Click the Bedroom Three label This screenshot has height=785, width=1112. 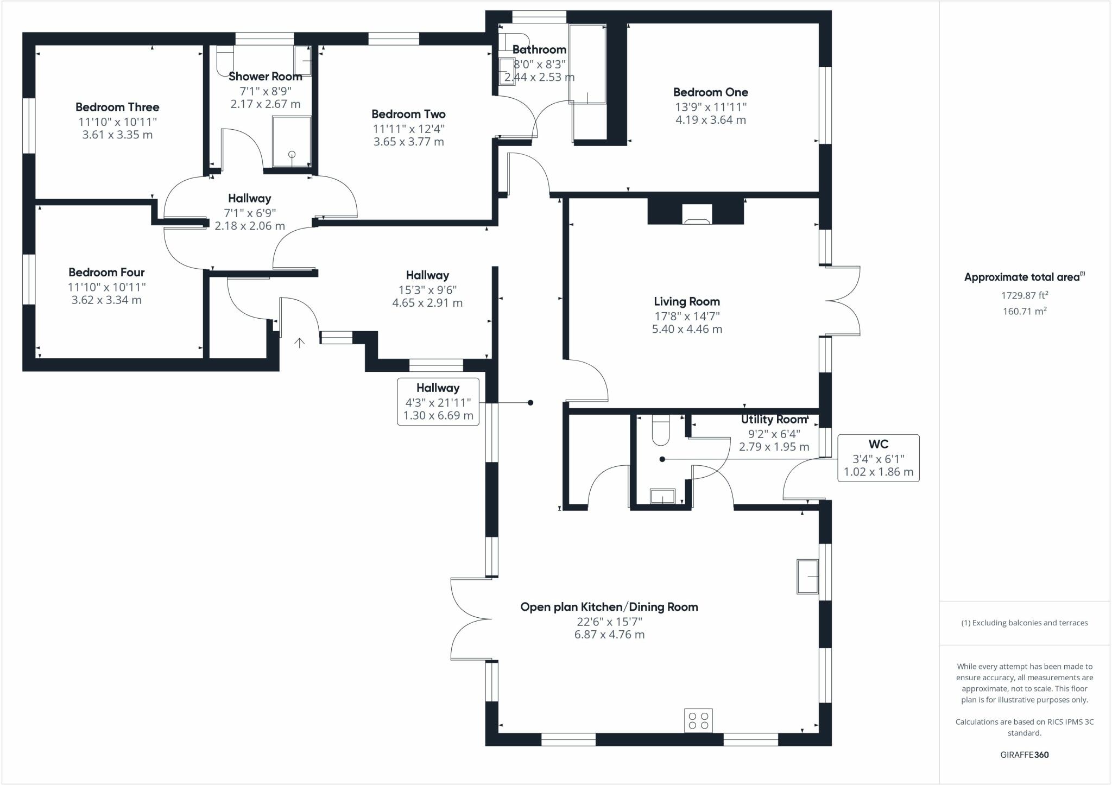tap(117, 107)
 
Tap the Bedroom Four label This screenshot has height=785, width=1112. tap(106, 272)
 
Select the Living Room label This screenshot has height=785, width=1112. tap(687, 301)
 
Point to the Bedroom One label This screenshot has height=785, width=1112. tap(711, 92)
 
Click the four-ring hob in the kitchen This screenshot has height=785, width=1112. tap(698, 720)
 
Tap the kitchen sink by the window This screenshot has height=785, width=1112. tap(807, 576)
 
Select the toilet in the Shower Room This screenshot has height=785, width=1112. tap(224, 60)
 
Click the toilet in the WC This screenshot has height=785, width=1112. tap(661, 427)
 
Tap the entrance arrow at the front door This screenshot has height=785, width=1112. tap(299, 343)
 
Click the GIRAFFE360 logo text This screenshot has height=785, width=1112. tap(1024, 755)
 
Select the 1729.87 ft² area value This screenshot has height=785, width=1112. tap(1024, 295)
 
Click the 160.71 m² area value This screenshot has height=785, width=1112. tap(1024, 312)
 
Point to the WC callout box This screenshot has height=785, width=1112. tap(878, 458)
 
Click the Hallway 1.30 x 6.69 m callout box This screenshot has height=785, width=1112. tap(438, 402)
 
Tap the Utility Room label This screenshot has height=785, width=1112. tap(774, 420)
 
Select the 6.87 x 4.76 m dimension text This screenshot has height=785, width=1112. tap(609, 635)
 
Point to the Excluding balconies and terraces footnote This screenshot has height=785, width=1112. tap(1024, 623)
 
